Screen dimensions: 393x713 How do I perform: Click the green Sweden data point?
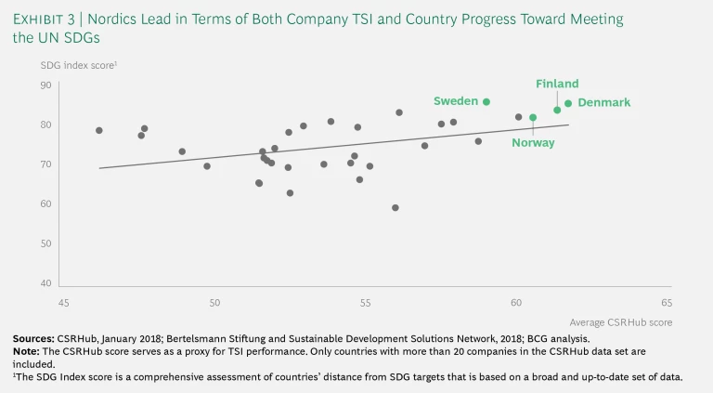486,101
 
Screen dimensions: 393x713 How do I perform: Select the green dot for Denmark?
568,103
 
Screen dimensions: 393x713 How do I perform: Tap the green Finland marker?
557,110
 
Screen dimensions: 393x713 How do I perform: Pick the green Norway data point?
533,117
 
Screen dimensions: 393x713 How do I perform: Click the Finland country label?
557,84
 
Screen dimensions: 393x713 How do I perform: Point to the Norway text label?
533,143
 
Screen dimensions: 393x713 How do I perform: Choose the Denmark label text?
603,102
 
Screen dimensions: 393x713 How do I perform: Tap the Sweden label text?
455,100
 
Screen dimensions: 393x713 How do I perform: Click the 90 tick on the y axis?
45,85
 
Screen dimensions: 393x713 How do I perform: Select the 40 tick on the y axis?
45,283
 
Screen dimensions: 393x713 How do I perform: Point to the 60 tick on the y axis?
45,204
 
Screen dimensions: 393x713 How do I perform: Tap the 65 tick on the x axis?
666,303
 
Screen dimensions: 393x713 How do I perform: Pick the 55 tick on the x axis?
365,303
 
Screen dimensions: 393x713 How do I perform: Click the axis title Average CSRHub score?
627,321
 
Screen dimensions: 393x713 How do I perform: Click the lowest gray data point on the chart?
395,208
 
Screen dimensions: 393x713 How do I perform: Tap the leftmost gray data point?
99,130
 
